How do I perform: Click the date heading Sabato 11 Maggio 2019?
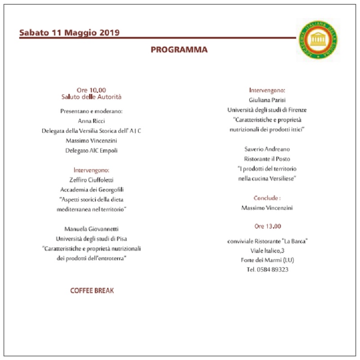69,33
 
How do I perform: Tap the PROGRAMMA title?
179,50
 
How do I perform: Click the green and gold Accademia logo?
319,40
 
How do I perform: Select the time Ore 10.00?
91,90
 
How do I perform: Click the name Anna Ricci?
91,121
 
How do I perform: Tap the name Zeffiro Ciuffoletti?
91,180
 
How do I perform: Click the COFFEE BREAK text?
92,291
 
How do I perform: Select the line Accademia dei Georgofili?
91,190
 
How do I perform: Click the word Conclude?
266,198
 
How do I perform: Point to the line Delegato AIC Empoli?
91,150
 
